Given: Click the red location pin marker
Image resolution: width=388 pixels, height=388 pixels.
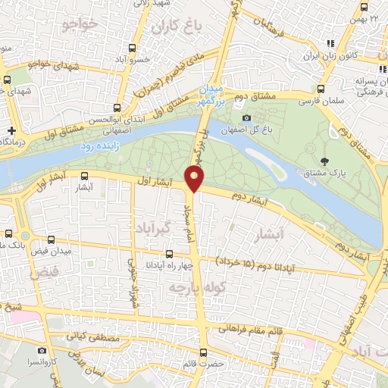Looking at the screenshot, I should tap(196, 179).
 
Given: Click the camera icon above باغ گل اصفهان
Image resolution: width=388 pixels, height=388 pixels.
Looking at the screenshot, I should tap(246, 118).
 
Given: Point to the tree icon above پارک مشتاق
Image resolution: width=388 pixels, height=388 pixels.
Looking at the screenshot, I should tap(325, 161).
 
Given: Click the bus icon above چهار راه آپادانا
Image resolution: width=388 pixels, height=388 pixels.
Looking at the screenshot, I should tap(169, 255).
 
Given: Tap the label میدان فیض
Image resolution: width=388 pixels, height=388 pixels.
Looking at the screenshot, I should tap(55, 249).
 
